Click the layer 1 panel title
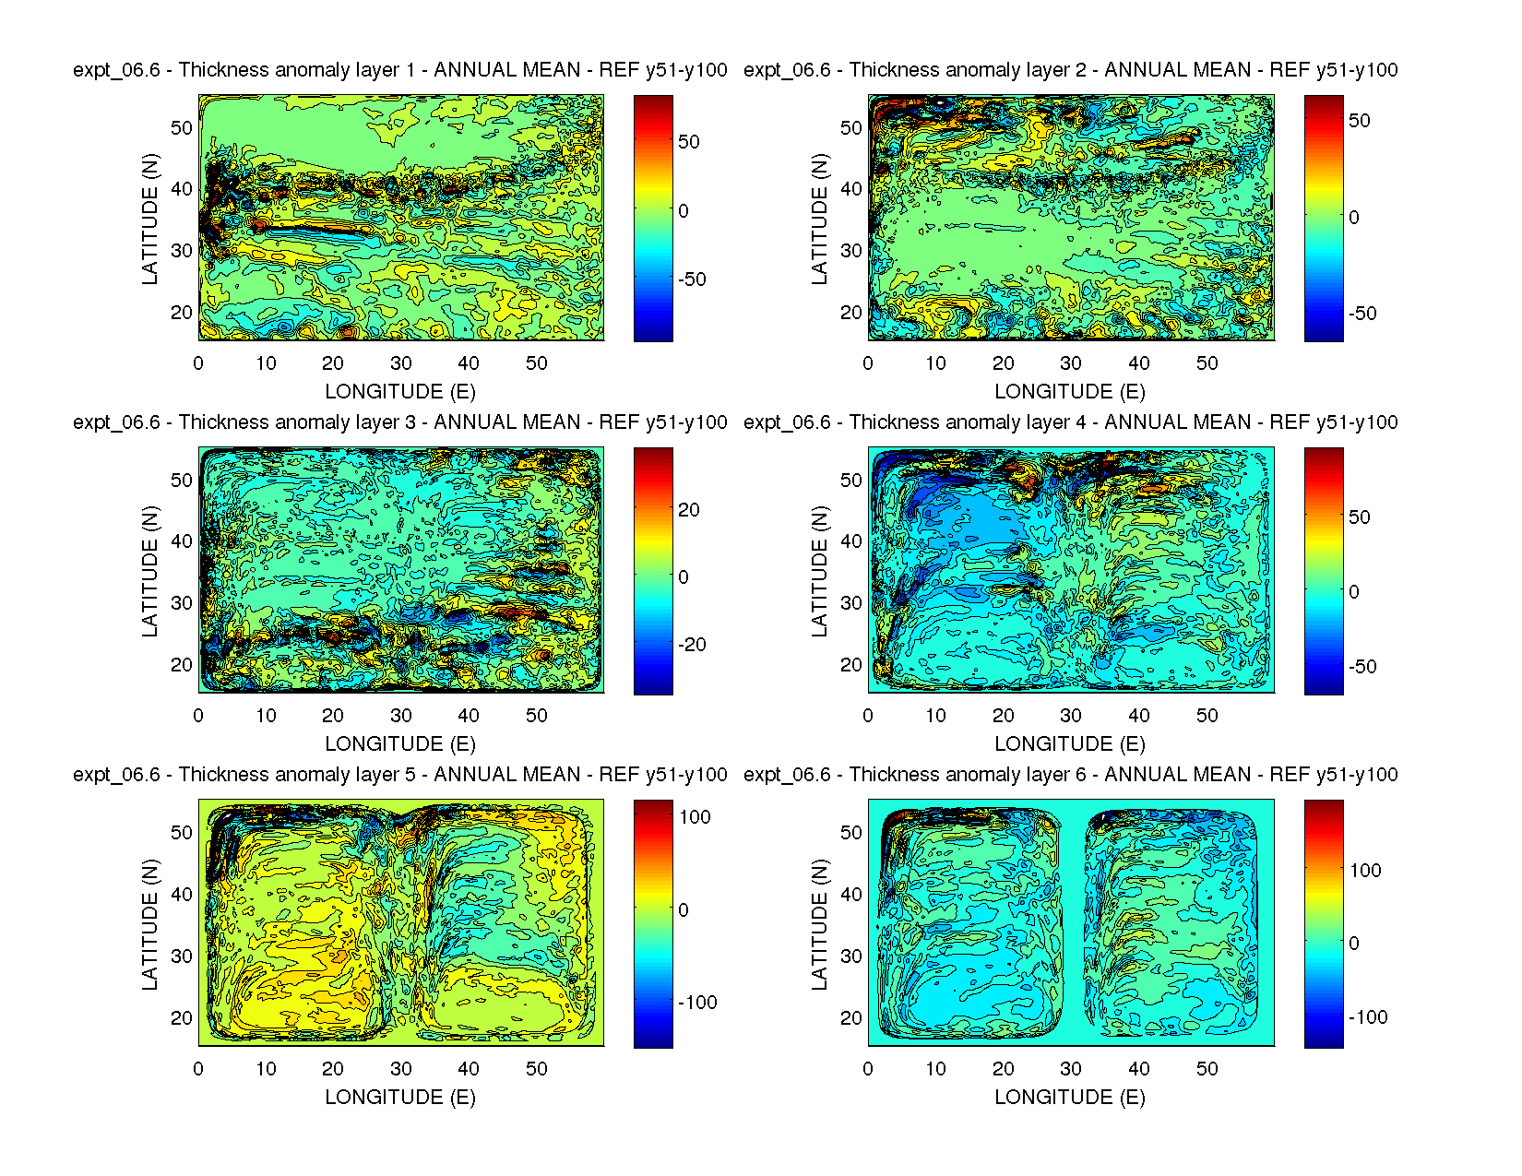(x=400, y=70)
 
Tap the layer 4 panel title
(x=1070, y=422)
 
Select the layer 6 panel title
(x=1070, y=775)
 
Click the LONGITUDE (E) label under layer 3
(x=400, y=744)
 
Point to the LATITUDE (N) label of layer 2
(x=820, y=219)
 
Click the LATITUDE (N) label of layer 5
(x=150, y=924)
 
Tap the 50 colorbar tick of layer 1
(x=689, y=142)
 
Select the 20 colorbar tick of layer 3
(x=689, y=510)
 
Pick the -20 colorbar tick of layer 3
(x=692, y=645)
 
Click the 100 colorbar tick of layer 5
(x=695, y=817)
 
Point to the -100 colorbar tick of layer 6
(x=1367, y=1017)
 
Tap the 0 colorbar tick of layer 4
(x=1353, y=592)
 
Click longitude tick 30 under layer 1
(x=400, y=363)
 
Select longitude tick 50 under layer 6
(x=1207, y=1069)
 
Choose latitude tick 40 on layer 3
(x=182, y=541)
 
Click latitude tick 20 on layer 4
(x=851, y=665)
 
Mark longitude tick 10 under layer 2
(x=935, y=363)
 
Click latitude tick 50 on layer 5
(x=182, y=833)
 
